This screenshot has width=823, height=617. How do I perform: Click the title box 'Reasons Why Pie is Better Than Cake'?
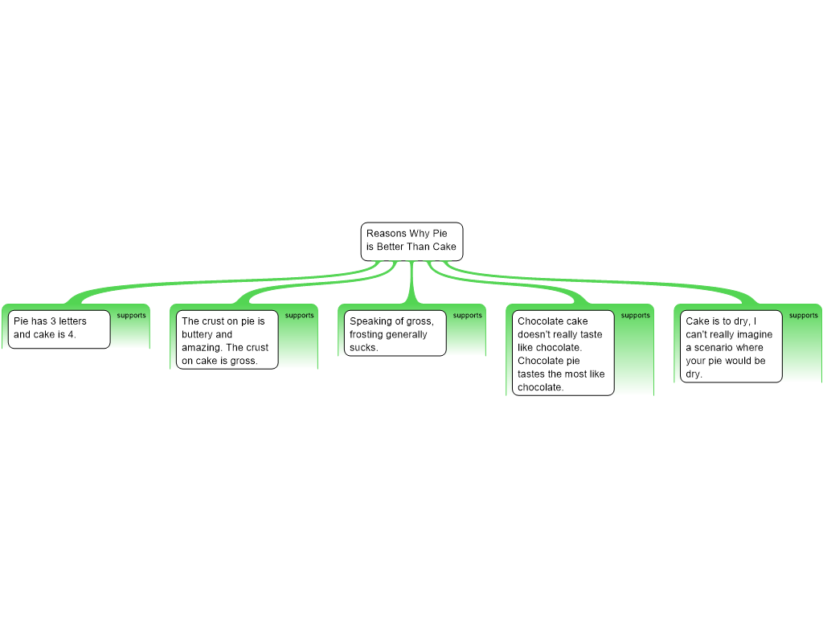411,241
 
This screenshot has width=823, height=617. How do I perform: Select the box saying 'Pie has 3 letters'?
59,329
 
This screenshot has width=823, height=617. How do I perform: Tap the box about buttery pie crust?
226,340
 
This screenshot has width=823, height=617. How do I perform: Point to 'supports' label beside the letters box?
132,316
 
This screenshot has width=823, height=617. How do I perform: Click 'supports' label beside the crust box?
300,316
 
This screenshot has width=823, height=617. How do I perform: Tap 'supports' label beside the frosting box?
468,316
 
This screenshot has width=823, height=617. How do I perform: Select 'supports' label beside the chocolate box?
636,316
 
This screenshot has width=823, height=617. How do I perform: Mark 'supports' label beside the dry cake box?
804,316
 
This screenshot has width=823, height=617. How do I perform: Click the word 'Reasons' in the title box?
387,234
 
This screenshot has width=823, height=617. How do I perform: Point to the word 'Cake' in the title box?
444,247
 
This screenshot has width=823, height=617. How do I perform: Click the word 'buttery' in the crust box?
198,335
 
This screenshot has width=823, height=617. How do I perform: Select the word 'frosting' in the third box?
366,335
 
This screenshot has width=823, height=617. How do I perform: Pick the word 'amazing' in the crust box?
200,348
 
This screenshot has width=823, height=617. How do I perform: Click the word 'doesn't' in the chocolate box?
534,335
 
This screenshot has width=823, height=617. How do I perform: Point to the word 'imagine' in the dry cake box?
755,335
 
